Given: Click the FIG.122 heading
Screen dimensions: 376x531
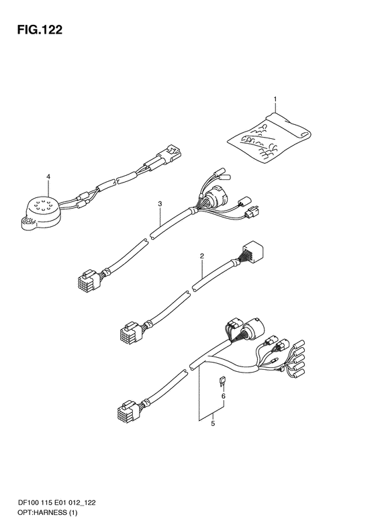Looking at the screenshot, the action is [40, 30].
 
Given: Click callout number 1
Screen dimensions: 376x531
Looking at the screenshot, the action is [275, 99].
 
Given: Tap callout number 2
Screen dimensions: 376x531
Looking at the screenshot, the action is [201, 256].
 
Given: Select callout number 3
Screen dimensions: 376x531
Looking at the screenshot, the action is [160, 203].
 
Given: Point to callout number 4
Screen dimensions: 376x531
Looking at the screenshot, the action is [48, 177].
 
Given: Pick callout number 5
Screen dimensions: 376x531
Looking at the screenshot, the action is [213, 424].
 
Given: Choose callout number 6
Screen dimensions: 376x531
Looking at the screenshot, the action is [223, 396].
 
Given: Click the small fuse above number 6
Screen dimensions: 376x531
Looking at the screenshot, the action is [221, 382].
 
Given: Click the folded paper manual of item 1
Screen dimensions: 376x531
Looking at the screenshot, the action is [269, 136].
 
